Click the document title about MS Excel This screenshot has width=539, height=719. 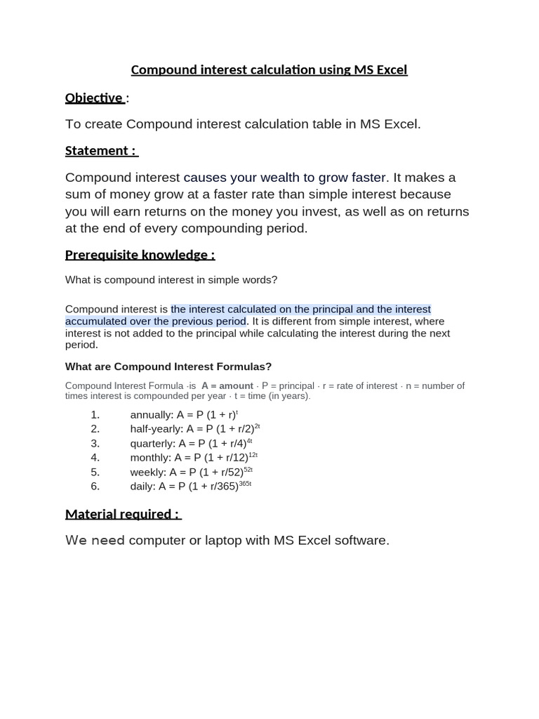tap(269, 70)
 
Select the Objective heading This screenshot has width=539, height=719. tap(94, 98)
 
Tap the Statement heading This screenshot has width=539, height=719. tap(101, 150)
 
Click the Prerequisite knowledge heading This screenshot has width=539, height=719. tap(140, 254)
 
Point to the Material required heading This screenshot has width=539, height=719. tap(123, 514)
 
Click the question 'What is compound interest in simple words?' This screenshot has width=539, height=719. tap(171, 279)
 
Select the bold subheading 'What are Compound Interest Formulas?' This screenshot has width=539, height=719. tap(168, 367)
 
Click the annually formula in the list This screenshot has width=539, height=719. tap(184, 414)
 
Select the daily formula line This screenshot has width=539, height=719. tap(190, 486)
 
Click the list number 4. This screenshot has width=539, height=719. tap(95, 458)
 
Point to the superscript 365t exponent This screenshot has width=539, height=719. tap(245, 483)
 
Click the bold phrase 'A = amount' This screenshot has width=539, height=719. tap(227, 385)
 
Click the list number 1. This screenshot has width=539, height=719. tap(95, 414)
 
